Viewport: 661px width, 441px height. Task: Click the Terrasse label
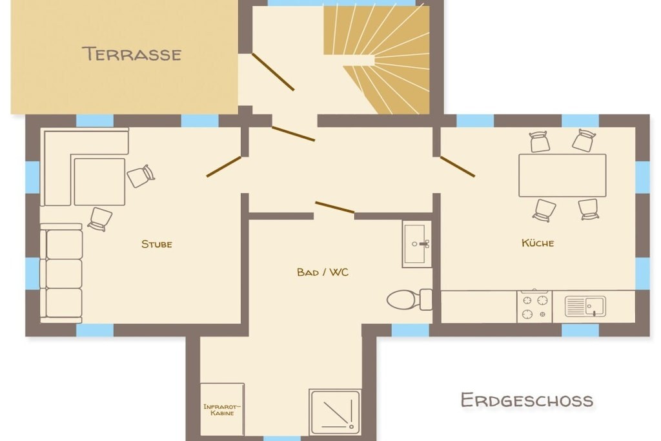pyautogui.click(x=132, y=54)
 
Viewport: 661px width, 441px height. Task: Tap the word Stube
pyautogui.click(x=157, y=244)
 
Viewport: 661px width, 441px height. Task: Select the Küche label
pyautogui.click(x=538, y=243)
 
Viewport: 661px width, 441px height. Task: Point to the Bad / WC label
pyautogui.click(x=323, y=272)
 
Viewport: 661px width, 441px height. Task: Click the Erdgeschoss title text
pyautogui.click(x=527, y=400)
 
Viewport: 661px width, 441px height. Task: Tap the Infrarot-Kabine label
pyautogui.click(x=222, y=410)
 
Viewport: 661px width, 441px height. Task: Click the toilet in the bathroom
pyautogui.click(x=409, y=300)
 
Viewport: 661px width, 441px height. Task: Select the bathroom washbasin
pyautogui.click(x=417, y=243)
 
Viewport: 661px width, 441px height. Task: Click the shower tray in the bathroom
pyautogui.click(x=335, y=412)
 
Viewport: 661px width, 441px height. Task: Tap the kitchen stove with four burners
pyautogui.click(x=534, y=307)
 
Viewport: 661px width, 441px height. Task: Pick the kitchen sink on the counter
pyautogui.click(x=585, y=306)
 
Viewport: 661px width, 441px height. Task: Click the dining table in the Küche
pyautogui.click(x=562, y=176)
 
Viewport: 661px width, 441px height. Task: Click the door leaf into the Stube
pyautogui.click(x=224, y=167)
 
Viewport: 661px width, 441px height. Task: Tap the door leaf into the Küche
pyautogui.click(x=458, y=166)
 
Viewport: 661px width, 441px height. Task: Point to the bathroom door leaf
pyautogui.click(x=335, y=207)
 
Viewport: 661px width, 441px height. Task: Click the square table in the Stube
pyautogui.click(x=99, y=181)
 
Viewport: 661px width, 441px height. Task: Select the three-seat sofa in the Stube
pyautogui.click(x=61, y=274)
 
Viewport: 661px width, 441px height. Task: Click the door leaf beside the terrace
pyautogui.click(x=273, y=72)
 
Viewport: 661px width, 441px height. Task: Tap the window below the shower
pyautogui.click(x=282, y=438)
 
